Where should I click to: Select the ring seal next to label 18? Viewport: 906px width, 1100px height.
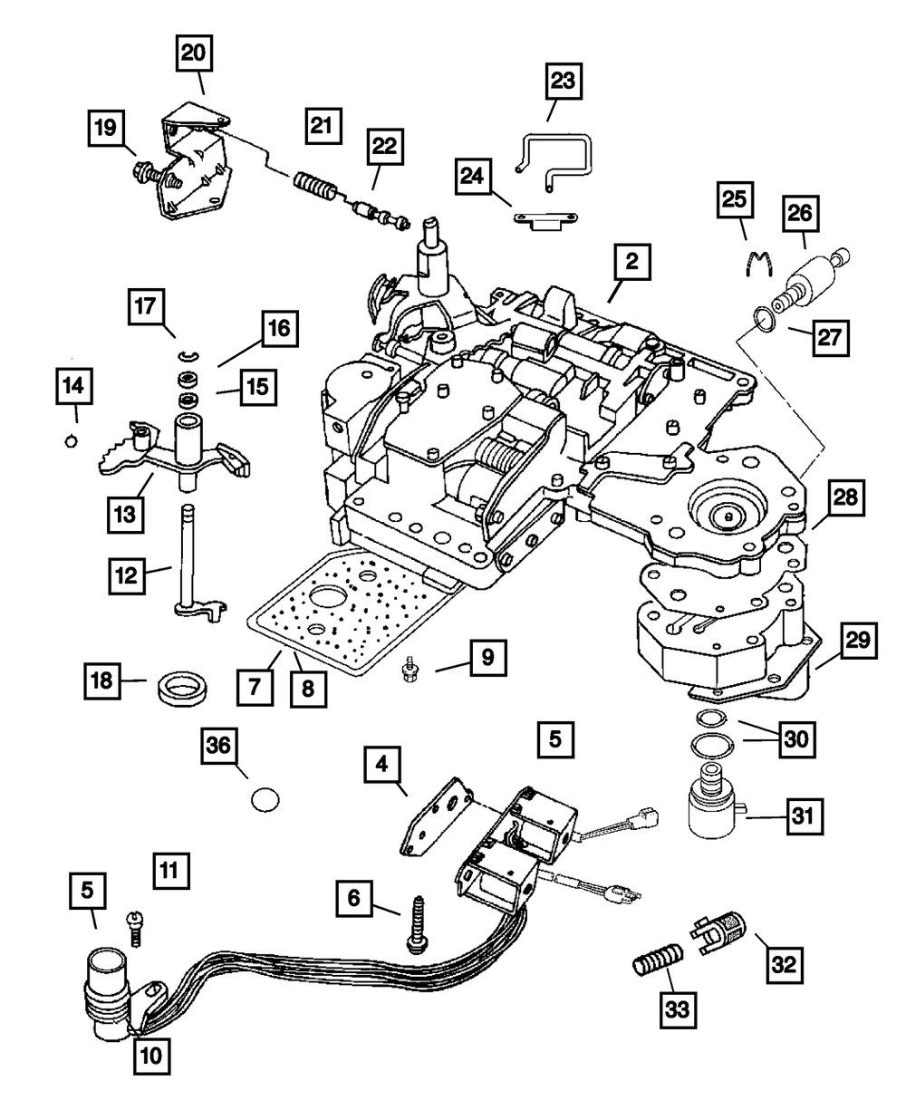point(185,686)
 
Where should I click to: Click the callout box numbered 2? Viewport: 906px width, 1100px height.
point(631,264)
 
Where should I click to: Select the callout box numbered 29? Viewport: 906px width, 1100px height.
point(856,642)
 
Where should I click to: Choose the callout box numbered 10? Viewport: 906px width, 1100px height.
point(152,1055)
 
